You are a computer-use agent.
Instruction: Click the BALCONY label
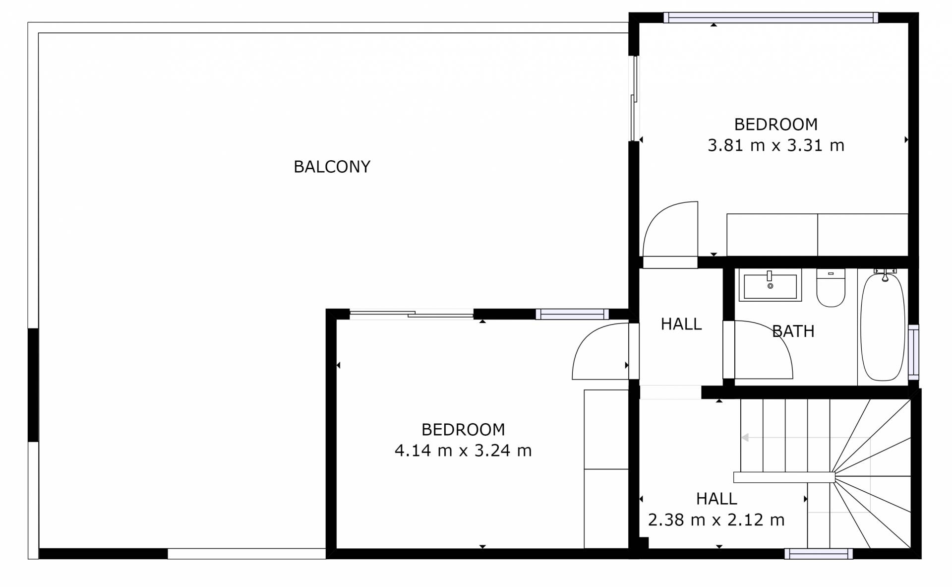(332, 167)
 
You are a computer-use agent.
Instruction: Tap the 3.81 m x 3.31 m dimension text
(775, 145)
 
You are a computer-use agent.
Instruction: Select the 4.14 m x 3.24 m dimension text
(463, 451)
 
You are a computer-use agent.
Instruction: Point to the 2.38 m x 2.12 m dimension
(716, 520)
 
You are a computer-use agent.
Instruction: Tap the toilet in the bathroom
(831, 288)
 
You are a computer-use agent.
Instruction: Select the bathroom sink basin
(770, 285)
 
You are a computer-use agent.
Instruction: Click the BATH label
(793, 331)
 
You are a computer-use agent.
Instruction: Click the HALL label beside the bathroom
(681, 324)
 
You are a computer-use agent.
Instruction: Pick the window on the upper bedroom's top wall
(771, 18)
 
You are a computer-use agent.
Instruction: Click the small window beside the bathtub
(913, 352)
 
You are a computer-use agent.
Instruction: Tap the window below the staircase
(819, 554)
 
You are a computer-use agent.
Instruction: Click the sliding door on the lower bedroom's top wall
(412, 314)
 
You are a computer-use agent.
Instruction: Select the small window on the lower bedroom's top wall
(572, 314)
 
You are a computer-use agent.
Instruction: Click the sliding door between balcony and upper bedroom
(634, 99)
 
